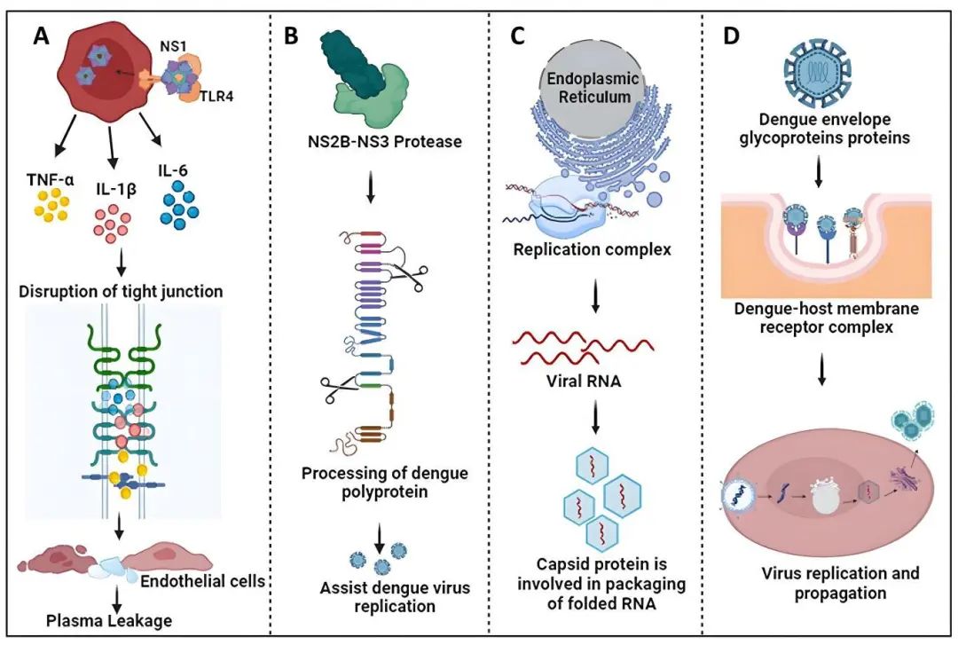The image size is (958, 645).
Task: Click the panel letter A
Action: pos(42,36)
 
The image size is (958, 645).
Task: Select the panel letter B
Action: pos(291,36)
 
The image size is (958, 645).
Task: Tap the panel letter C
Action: pos(523,36)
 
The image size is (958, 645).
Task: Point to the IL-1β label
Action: pos(118,188)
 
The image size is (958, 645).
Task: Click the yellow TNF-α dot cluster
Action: pos(51,208)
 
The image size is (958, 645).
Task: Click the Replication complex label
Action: pos(593,249)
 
